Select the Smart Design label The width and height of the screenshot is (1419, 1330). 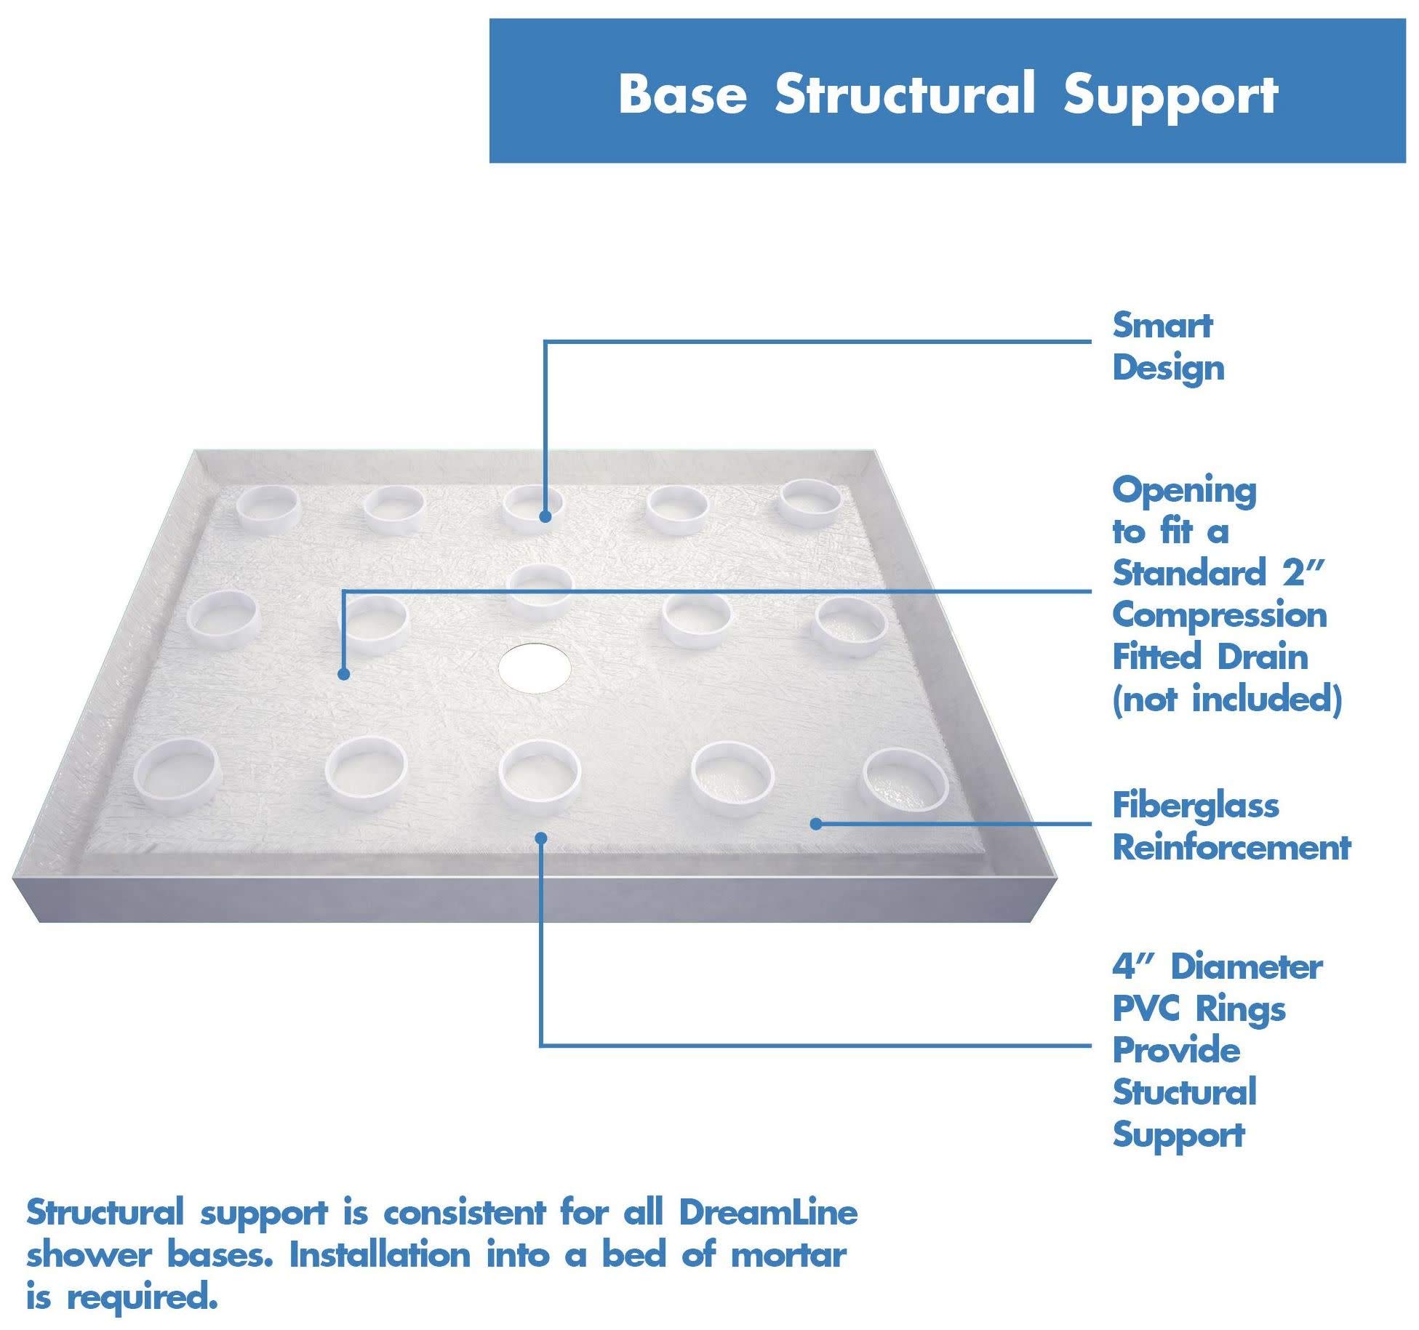(1167, 347)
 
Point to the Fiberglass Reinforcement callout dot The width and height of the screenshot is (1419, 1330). (816, 824)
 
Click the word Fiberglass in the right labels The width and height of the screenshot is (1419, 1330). (1195, 806)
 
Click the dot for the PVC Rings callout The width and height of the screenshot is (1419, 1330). (540, 838)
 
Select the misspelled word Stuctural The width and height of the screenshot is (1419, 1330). (1184, 1093)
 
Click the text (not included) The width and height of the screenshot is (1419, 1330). (1226, 700)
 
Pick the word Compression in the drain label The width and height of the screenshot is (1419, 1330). (1220, 616)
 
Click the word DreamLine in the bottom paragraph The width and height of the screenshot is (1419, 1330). (768, 1212)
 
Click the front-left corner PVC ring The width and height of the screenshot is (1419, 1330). (177, 775)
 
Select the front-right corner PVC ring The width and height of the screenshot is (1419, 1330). (904, 782)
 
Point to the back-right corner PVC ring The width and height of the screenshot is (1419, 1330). (808, 502)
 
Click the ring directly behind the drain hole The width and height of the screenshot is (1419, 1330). (540, 590)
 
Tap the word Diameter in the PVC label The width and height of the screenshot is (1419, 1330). (1246, 968)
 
